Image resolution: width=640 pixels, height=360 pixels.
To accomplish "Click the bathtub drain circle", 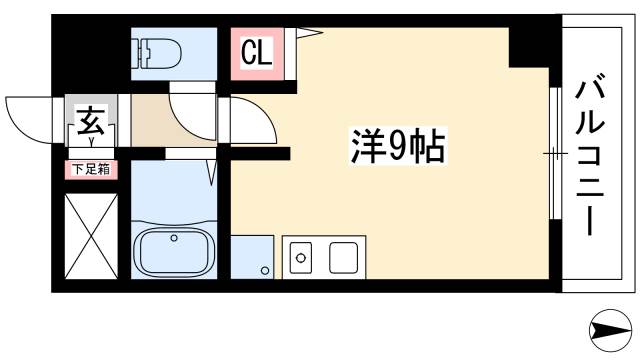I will pos(174,238).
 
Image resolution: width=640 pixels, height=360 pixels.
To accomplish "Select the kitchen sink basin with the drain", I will pos(301,260).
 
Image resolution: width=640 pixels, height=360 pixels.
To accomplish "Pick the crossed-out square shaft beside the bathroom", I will pos(91,237).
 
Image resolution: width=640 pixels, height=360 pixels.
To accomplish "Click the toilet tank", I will pos(141,50).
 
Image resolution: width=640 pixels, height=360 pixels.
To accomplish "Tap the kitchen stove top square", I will pos(343,259).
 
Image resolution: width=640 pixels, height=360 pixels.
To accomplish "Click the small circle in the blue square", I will pos(264,270).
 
